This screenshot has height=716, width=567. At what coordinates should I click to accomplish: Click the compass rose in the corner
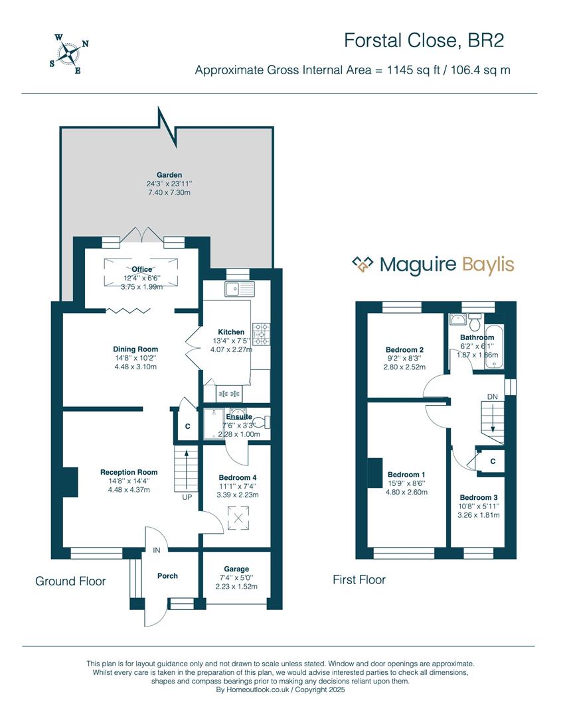[69, 54]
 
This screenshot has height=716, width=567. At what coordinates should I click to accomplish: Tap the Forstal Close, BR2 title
[424, 40]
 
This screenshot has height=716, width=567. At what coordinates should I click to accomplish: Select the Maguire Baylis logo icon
[363, 265]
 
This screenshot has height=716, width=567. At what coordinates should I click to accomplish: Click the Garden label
[169, 175]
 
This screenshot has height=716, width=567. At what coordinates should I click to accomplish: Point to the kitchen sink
[239, 288]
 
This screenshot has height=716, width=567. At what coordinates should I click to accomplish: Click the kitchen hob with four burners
[262, 333]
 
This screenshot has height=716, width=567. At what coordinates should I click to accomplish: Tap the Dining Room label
[135, 349]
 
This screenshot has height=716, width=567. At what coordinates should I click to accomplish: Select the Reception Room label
[129, 472]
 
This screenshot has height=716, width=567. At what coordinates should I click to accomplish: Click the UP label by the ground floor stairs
[187, 497]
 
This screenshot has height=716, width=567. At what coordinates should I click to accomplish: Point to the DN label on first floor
[493, 397]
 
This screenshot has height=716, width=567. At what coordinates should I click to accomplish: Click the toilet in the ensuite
[262, 422]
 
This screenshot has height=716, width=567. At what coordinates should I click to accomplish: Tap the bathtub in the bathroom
[494, 347]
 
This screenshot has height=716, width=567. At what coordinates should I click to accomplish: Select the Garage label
[236, 569]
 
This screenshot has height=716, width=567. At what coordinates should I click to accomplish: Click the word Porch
[167, 576]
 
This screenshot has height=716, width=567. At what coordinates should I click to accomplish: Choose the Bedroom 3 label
[479, 497]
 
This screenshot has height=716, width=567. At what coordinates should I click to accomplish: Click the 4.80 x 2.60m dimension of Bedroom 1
[406, 492]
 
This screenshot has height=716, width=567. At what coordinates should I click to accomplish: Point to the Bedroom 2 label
[405, 350]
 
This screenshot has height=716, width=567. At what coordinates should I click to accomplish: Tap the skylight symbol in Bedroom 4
[238, 518]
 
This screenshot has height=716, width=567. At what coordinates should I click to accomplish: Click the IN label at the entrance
[157, 550]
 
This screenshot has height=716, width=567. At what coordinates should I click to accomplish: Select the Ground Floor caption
[70, 581]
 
